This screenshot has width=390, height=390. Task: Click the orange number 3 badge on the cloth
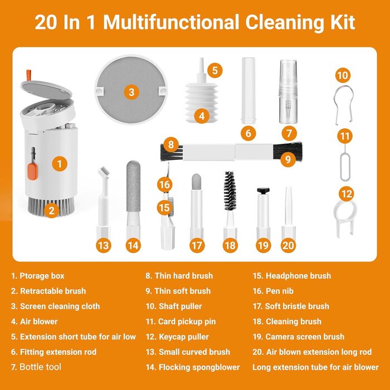pos(131,92)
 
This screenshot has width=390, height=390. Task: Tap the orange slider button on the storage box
pos(32,172)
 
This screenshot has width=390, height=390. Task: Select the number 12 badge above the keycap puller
pos(347,194)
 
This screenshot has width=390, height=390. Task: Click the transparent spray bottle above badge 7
pos(288,91)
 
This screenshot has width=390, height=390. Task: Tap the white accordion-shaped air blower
pos(202,103)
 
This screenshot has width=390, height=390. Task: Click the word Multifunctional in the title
pos(171,22)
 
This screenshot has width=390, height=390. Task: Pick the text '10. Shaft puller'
pos(174,306)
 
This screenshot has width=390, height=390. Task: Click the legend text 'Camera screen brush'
pos(305,337)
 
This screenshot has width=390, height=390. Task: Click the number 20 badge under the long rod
pos(288,246)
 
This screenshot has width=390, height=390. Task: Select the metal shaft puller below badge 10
pos(343,105)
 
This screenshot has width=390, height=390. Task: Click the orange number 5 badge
pos(215,70)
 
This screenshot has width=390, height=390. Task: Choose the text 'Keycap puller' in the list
pos(184,337)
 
